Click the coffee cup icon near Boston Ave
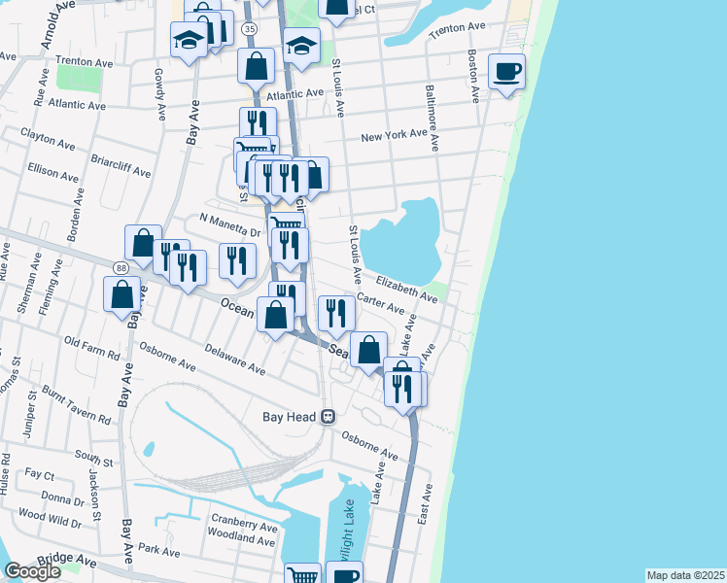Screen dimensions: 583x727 (506, 72)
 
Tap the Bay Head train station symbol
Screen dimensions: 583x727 (329, 417)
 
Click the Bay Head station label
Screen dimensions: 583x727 (290, 417)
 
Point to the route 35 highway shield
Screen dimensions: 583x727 (251, 30)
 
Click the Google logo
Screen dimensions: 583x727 (32, 571)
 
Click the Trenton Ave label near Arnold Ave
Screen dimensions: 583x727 (87, 60)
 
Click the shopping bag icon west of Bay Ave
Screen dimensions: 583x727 (122, 294)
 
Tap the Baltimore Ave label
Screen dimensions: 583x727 (433, 118)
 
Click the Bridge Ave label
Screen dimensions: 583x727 (68, 561)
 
